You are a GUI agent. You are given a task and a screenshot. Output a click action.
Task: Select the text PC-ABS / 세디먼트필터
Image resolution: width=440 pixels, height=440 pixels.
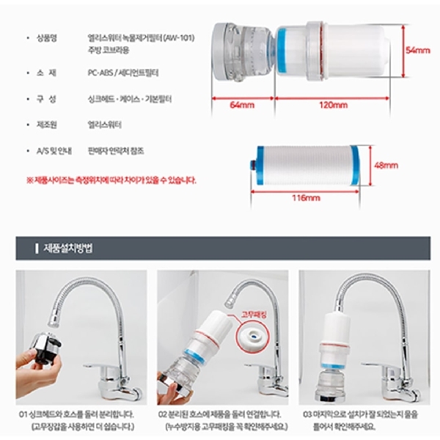(x=122, y=73)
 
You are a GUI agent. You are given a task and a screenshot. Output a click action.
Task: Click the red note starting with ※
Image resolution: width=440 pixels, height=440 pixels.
(x=111, y=179)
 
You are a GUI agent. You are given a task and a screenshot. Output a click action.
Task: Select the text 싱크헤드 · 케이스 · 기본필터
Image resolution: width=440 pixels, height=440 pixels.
(x=127, y=98)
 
